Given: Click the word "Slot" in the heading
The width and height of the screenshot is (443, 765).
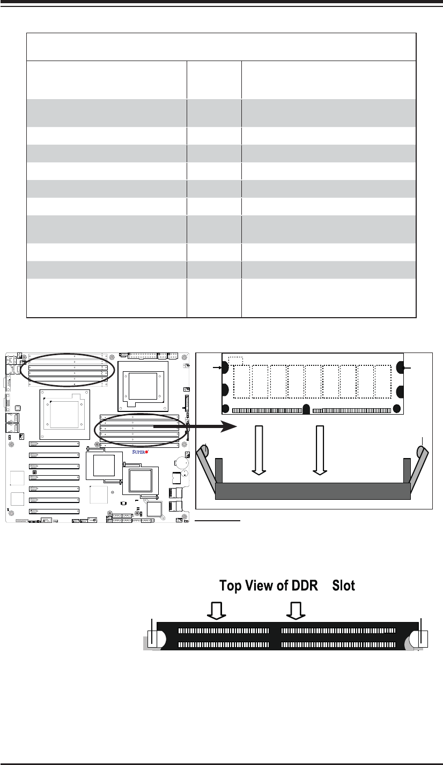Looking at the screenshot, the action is (x=344, y=586).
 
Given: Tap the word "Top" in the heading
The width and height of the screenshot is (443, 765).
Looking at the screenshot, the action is (x=231, y=586).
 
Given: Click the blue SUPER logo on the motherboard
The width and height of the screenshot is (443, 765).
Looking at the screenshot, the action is (x=140, y=452).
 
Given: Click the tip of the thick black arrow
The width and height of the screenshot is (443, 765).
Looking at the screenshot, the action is (x=237, y=426).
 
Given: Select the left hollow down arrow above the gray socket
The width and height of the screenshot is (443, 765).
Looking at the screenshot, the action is (x=259, y=450).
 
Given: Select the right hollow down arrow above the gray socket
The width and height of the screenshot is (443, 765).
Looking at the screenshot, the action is (x=320, y=450).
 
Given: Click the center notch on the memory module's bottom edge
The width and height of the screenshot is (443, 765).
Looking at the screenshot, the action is (x=306, y=409).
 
